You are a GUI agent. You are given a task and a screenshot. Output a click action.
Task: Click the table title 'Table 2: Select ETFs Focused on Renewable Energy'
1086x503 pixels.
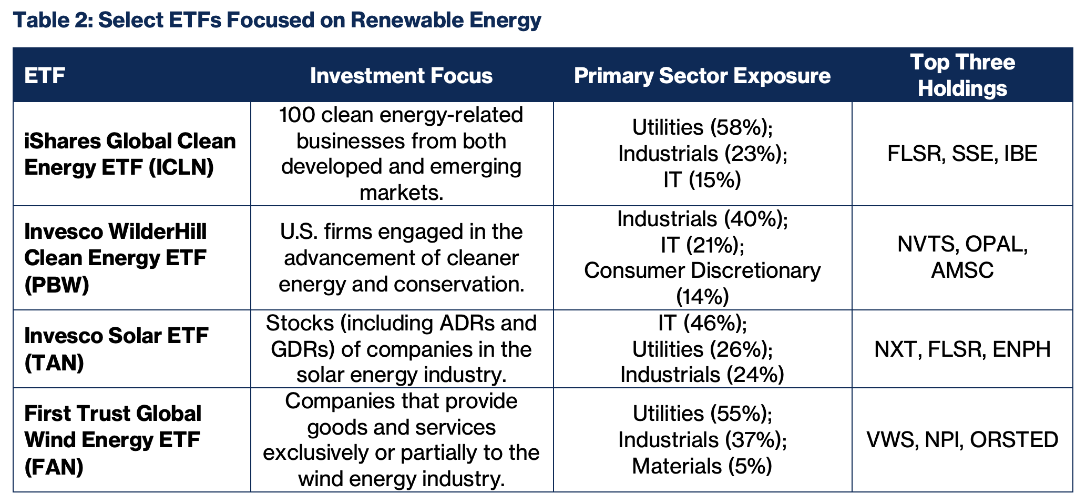tap(277, 20)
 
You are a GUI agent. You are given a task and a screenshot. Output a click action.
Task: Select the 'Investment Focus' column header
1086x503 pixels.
tap(401, 76)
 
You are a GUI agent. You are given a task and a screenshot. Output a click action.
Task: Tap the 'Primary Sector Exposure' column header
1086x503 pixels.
tap(702, 76)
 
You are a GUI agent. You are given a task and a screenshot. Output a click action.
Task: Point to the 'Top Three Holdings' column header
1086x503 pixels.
tap(962, 75)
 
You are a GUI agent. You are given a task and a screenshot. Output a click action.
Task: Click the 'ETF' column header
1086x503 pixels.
tap(45, 76)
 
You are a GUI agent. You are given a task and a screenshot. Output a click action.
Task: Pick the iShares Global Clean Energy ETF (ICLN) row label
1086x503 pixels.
tap(130, 154)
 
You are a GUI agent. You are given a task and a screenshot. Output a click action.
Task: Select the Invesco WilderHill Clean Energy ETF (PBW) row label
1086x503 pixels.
tap(116, 258)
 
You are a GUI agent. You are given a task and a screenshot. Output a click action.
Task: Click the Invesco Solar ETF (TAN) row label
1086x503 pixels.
tap(116, 349)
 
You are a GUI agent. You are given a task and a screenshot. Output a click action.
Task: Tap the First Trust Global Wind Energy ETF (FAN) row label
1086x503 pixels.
tap(112, 440)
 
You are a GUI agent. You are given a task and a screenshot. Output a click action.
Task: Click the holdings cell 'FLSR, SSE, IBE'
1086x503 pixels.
tap(962, 154)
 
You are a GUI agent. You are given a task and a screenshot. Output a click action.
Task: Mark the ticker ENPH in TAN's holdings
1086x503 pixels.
tap(1021, 349)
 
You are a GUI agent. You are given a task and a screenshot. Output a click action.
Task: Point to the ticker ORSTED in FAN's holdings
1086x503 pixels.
tap(1014, 440)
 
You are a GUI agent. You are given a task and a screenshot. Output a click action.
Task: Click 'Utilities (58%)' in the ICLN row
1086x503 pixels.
tap(702, 128)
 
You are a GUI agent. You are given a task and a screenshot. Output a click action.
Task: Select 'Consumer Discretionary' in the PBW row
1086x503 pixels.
tap(702, 271)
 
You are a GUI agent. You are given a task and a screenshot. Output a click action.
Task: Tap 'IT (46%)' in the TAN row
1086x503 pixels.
tap(702, 323)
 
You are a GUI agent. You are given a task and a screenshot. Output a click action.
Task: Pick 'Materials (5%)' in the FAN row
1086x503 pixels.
tap(702, 466)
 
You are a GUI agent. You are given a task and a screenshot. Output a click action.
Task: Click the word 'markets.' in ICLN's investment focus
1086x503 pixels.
tap(401, 193)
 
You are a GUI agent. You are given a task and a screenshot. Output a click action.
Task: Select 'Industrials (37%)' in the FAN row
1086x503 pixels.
tap(702, 440)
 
